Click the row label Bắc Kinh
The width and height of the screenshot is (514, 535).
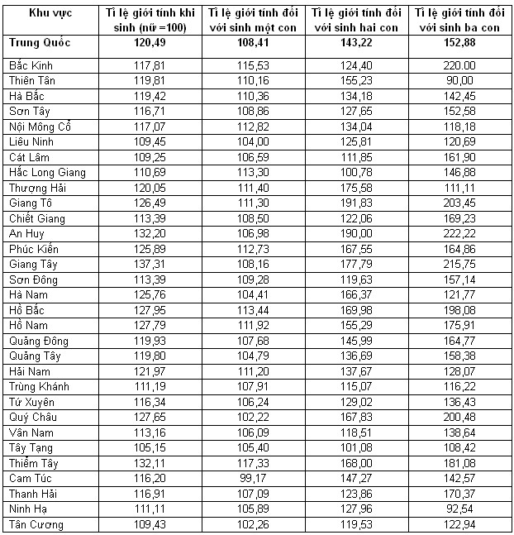(x=29, y=64)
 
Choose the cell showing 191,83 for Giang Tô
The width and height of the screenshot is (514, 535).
(x=356, y=203)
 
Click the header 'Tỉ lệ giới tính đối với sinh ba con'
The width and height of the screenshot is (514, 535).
(x=459, y=21)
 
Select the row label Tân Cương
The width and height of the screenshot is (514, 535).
(x=39, y=524)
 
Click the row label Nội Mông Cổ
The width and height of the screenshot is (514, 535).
(x=40, y=126)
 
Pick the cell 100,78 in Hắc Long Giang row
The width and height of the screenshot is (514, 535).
(x=356, y=172)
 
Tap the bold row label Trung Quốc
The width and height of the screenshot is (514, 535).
(x=40, y=42)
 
